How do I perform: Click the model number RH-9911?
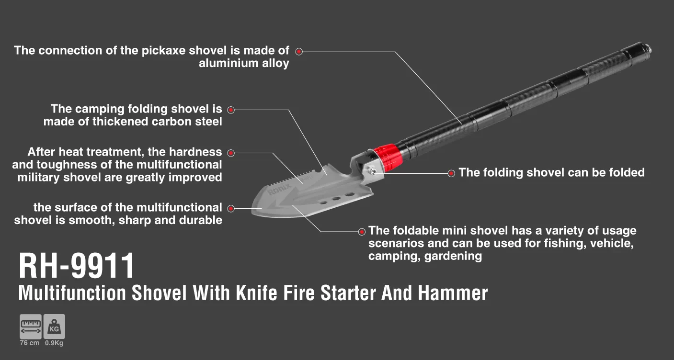point(77,266)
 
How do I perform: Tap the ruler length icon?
point(31,326)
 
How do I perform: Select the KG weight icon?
point(54,326)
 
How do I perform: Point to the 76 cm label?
point(30,343)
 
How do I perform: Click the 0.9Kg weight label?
point(54,343)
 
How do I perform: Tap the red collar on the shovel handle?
point(388,157)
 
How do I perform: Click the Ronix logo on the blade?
point(280,189)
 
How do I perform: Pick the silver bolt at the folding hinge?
point(373,172)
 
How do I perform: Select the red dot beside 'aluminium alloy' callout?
point(299,52)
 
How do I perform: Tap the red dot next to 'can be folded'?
point(451,173)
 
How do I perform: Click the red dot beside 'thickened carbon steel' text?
point(231,110)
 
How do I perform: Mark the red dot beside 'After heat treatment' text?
point(231,153)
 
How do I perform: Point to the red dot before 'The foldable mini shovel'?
point(362,232)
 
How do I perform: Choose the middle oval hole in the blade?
point(336,199)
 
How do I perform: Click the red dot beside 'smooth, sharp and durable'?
point(231,208)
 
